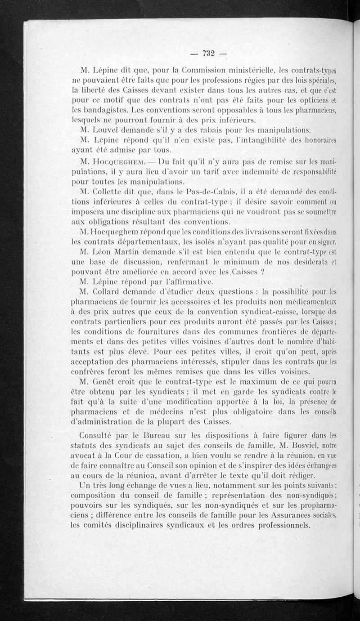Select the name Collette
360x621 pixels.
tap(113, 192)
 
